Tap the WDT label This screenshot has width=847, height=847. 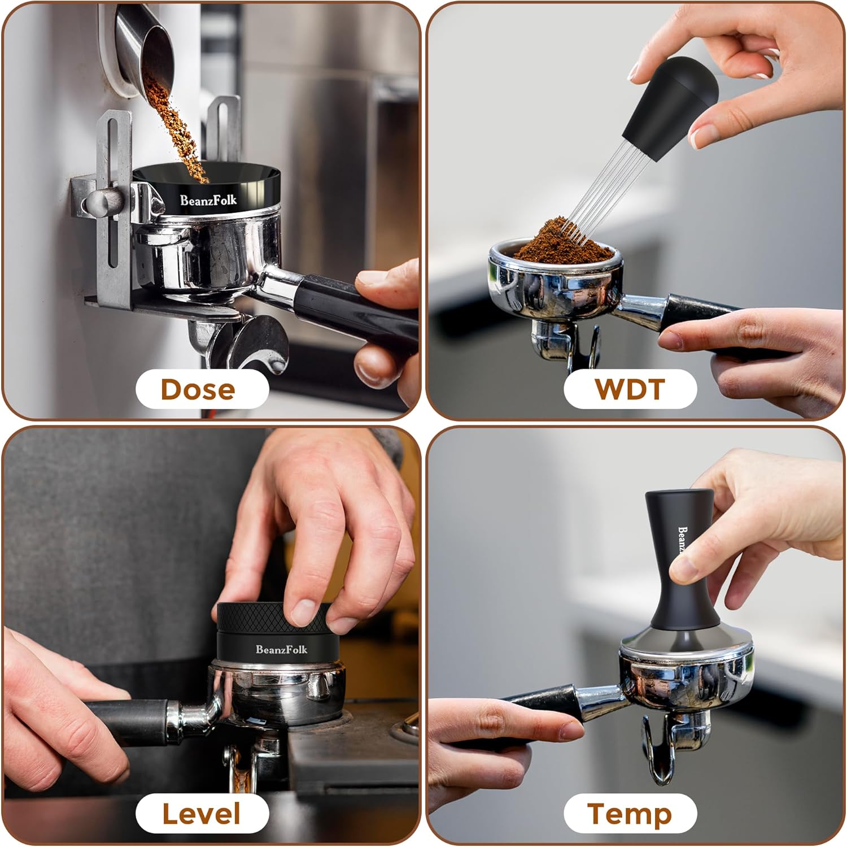[x=630, y=389]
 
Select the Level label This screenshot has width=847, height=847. [x=202, y=814]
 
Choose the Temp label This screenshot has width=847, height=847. [x=630, y=814]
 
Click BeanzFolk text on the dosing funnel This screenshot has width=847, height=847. [x=208, y=200]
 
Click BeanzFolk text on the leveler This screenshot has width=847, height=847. [x=281, y=649]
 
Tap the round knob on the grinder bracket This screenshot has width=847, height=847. [x=104, y=201]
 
